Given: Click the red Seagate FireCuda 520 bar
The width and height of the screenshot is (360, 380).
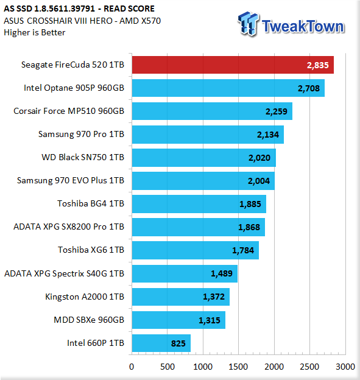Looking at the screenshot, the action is (x=233, y=65).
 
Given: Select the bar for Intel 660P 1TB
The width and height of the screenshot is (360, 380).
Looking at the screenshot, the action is (x=161, y=343).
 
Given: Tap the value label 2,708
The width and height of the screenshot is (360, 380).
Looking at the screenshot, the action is (x=309, y=88).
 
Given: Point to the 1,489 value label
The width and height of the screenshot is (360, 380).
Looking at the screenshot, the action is (x=222, y=273).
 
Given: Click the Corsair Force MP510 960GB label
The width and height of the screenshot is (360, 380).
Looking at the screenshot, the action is (x=69, y=111).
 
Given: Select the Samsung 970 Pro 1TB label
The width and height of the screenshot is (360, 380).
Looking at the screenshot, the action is (x=81, y=134).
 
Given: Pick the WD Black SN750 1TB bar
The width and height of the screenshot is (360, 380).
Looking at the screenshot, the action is (x=204, y=158).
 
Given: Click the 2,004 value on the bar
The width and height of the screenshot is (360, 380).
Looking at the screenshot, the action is (x=259, y=181).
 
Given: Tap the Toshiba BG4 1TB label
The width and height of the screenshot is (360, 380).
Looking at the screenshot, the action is (x=91, y=203).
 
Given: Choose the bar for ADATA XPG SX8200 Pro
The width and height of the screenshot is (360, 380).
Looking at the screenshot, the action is (x=199, y=227).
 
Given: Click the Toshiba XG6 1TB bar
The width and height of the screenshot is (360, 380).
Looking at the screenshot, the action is (x=196, y=250).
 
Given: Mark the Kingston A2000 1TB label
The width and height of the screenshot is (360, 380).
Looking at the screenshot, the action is (x=85, y=297).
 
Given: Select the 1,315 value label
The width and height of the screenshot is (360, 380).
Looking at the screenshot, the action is (x=210, y=320).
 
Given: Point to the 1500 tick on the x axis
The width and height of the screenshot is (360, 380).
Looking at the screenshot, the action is (x=238, y=367).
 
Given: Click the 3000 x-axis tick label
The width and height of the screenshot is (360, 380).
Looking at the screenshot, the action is (x=345, y=367).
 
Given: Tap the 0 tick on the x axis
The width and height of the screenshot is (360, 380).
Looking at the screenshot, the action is (x=132, y=367).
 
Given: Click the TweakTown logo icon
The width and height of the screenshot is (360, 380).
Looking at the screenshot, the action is (x=248, y=24).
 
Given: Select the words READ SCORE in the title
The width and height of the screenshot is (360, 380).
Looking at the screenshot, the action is (x=129, y=9).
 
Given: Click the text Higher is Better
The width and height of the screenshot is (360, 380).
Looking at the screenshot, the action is (x=35, y=32).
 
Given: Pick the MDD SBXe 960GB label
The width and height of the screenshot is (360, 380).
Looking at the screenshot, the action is (x=89, y=320).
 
